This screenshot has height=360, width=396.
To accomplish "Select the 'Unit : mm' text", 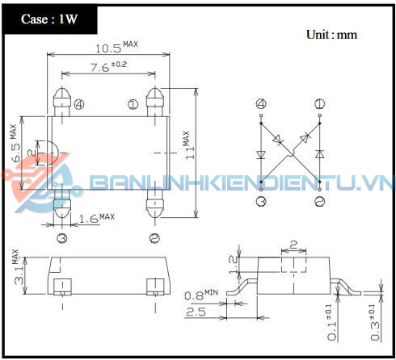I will (331, 35).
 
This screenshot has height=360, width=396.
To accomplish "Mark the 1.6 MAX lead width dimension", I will (96, 218).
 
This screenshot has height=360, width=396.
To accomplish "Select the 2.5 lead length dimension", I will (196, 311).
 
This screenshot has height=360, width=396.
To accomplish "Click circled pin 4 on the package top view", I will (78, 104).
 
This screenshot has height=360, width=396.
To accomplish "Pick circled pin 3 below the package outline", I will (61, 237).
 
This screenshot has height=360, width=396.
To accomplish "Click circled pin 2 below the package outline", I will (154, 237).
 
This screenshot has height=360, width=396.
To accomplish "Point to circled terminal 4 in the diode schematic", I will (261, 104).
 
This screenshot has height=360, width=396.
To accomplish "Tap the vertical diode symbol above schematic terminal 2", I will (320, 153).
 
